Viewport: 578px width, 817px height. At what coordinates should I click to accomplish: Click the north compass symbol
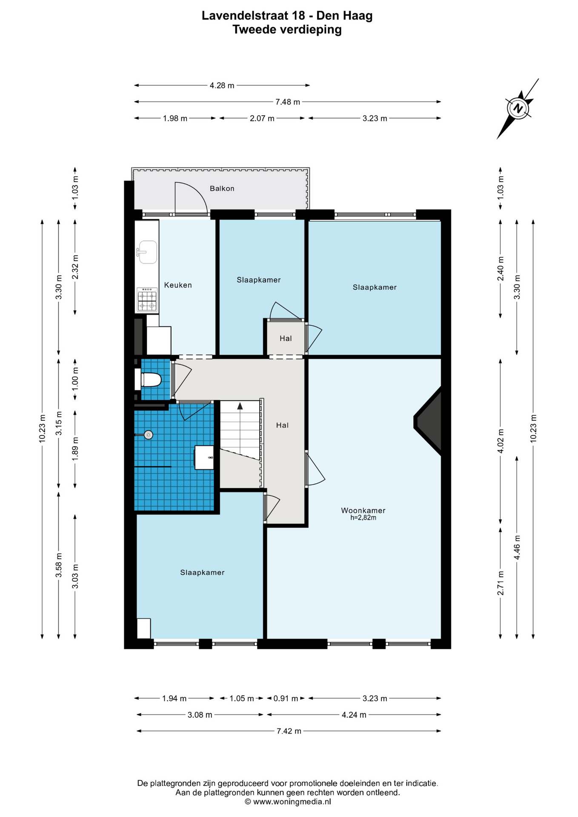(518, 108)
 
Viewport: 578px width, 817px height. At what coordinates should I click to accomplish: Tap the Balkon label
(222, 189)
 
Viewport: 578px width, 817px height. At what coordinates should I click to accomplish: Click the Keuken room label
(178, 285)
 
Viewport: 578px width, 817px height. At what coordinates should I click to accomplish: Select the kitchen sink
(147, 252)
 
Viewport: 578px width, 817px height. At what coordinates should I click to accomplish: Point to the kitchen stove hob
(147, 300)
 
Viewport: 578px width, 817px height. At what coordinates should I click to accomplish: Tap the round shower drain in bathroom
(148, 435)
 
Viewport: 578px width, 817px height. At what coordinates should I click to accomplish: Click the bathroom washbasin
(204, 457)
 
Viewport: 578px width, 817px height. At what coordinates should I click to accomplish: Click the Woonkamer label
(363, 510)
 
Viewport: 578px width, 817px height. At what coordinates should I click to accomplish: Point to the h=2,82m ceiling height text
(363, 518)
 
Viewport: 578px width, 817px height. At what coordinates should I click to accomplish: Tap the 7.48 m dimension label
(288, 102)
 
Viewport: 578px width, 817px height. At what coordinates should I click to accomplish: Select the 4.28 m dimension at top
(222, 86)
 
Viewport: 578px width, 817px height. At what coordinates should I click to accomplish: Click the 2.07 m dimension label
(262, 118)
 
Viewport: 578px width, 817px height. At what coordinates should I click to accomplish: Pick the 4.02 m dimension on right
(501, 441)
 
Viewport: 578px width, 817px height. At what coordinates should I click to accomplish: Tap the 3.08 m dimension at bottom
(200, 715)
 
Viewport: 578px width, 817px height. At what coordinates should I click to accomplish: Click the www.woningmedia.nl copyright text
(288, 802)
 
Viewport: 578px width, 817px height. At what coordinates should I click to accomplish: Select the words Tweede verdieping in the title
(287, 29)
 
